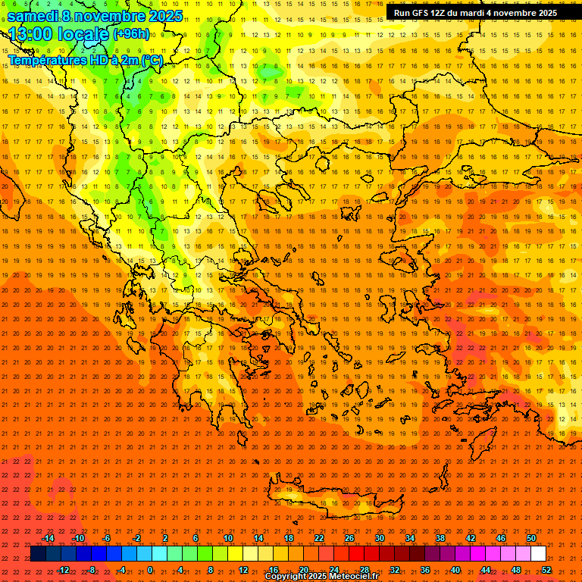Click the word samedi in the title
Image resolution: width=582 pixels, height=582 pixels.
coord(34,15)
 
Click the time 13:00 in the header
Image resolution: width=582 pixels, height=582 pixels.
coord(33,34)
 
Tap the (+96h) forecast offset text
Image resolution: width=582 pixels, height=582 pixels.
coord(131,33)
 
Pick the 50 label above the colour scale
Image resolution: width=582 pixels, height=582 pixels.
coord(531,538)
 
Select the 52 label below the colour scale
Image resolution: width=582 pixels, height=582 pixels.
coord(546,570)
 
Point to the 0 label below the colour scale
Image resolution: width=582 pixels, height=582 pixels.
coord(150,570)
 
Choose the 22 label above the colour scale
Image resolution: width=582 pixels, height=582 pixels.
coord(319,538)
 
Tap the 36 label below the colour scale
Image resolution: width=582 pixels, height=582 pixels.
coord(425,570)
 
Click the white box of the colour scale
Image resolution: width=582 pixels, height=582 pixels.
coord(538,554)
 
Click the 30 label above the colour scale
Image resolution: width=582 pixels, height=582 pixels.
coord(380,538)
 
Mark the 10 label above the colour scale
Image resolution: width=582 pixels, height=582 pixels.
coord(228,538)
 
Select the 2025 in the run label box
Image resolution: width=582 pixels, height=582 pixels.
coord(543,13)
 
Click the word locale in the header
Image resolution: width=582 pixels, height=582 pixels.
coord(83,34)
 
